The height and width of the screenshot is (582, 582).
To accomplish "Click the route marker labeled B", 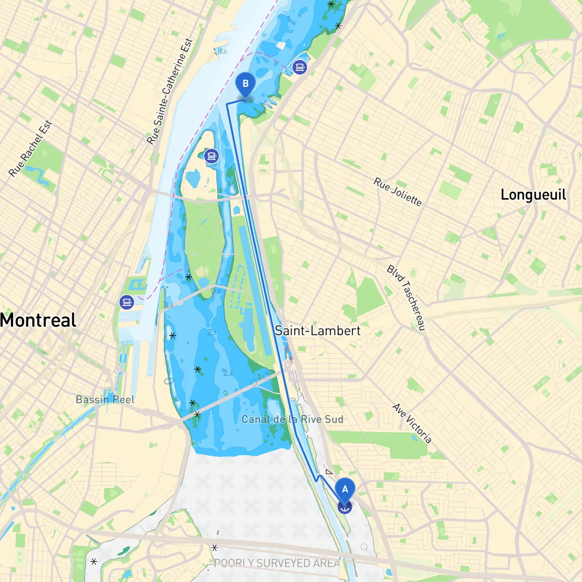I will pyautogui.click(x=246, y=84).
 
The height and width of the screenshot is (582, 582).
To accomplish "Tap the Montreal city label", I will pyautogui.click(x=38, y=321).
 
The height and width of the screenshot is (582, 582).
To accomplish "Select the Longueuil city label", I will pyautogui.click(x=533, y=195).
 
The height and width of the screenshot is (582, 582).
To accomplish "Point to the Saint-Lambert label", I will pyautogui.click(x=317, y=331).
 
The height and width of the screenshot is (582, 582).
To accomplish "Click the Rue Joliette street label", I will pyautogui.click(x=397, y=192).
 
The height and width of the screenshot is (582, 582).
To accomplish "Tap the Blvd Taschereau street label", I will pyautogui.click(x=406, y=298).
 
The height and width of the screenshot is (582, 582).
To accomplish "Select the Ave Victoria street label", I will pyautogui.click(x=412, y=423).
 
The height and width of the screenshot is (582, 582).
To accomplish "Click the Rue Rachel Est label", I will pyautogui.click(x=30, y=149).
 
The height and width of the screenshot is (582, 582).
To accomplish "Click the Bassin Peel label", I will pyautogui.click(x=105, y=400).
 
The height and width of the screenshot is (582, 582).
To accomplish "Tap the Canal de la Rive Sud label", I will pyautogui.click(x=292, y=419).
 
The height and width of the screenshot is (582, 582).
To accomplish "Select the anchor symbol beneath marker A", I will pyautogui.click(x=345, y=507).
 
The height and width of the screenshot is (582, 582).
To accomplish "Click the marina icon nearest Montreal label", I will pyautogui.click(x=126, y=302).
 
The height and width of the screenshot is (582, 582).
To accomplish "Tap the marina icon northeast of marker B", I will pyautogui.click(x=300, y=67).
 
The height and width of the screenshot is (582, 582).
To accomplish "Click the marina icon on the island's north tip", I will pyautogui.click(x=211, y=156).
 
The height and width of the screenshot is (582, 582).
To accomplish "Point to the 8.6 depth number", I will pyautogui.click(x=222, y=51).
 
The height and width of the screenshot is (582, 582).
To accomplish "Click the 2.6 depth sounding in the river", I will pyautogui.click(x=228, y=373).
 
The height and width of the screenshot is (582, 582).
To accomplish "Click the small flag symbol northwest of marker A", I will pyautogui.click(x=329, y=472).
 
